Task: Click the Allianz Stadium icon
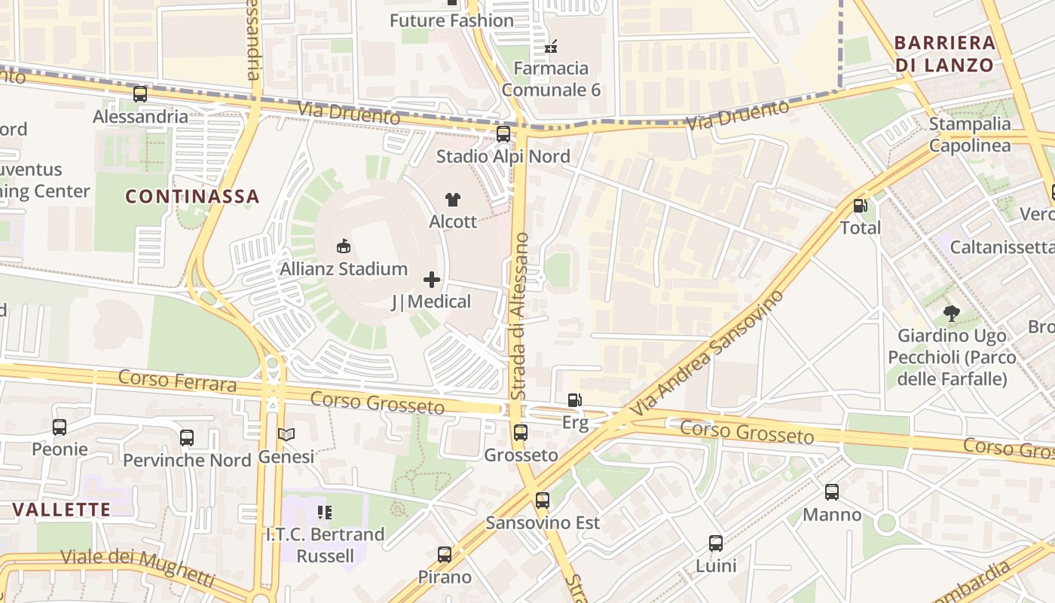tap(344, 246)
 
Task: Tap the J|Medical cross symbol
tap(432, 280)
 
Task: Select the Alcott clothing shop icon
tap(452, 200)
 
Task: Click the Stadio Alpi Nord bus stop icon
tap(503, 134)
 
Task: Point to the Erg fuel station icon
tap(575, 400)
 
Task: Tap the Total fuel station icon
tap(860, 205)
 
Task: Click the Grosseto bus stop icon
tap(521, 433)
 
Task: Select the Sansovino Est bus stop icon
tap(543, 500)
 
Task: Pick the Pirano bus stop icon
tap(445, 555)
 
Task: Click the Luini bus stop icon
tap(716, 543)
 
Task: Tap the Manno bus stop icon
tap(832, 492)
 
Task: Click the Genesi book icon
tap(286, 434)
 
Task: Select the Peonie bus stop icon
tap(60, 427)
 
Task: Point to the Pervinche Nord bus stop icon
tap(187, 437)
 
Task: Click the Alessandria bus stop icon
tap(140, 94)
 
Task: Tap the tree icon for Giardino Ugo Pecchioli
tap(951, 313)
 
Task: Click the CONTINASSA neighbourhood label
tap(192, 197)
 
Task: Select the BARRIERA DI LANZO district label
tap(945, 54)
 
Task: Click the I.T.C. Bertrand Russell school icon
tap(325, 513)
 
